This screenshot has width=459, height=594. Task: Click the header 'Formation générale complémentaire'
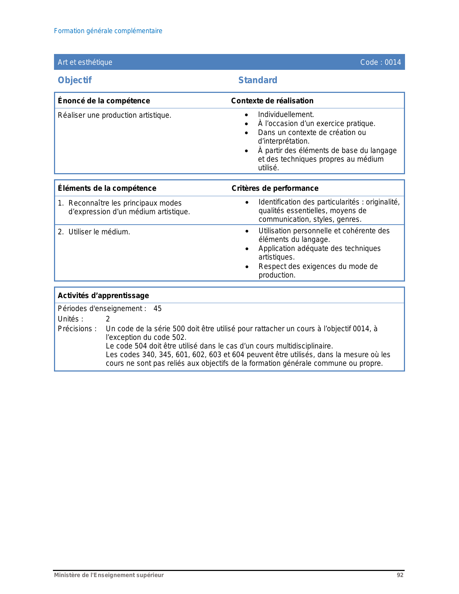pos(108,31)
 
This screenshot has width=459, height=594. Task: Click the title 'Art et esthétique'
pos(85,62)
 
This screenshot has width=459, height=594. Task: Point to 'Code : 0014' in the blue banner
pos(381,62)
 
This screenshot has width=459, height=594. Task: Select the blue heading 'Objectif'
pos(75,80)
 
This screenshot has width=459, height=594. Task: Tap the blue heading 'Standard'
pos(258,80)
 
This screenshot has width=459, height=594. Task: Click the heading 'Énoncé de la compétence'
pos(104,101)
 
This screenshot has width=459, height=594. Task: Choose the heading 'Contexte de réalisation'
pos(272,101)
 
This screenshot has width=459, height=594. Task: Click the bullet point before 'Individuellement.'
pos(246,115)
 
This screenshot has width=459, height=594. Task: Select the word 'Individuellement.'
pos(286,114)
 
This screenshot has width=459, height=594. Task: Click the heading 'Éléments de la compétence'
pos(107,188)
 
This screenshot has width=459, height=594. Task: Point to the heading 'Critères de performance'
pos(275,188)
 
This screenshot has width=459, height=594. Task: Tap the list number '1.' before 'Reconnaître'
pos(61,203)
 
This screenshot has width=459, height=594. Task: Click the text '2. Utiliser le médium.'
pos(94,232)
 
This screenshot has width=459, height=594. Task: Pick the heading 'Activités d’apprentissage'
pos(103,296)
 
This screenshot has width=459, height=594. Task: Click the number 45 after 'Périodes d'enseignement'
pos(158,309)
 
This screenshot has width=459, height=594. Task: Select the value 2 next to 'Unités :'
pos(108,319)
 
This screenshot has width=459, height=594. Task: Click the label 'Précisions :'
pos(77,329)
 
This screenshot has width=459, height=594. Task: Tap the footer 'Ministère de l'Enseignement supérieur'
pos(109,575)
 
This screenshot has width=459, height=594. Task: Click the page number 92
pos(400,575)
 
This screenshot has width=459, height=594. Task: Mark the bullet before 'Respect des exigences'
pos(247,267)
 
